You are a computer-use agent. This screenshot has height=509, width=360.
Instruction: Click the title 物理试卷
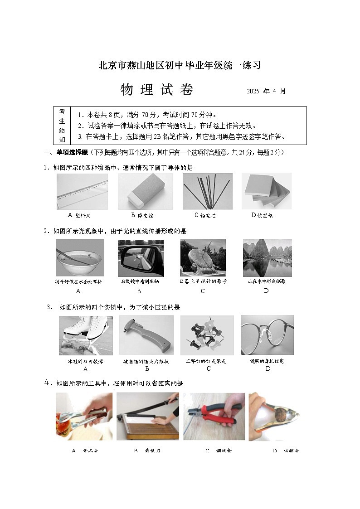pyautogui.click(x=157, y=90)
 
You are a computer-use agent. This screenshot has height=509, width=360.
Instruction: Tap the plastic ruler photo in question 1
pyautogui.click(x=82, y=191)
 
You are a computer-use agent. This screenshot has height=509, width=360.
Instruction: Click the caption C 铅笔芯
pyautogui.click(x=204, y=215)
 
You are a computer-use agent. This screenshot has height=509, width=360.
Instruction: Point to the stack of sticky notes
pyautogui.click(x=266, y=191)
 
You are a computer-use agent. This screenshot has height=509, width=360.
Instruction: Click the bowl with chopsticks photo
pyautogui.click(x=80, y=257)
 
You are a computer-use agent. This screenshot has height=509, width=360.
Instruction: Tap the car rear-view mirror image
pyautogui.click(x=141, y=258)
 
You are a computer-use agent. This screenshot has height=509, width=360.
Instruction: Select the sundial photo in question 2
pyautogui.click(x=203, y=257)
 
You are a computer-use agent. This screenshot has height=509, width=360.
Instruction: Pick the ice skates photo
pyautogui.click(x=86, y=335)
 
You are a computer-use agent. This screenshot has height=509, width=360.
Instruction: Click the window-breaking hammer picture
pyautogui.click(x=146, y=335)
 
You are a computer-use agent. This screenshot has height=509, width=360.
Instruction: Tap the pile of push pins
pyautogui.click(x=207, y=335)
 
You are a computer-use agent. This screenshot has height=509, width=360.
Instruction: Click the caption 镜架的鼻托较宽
pyautogui.click(x=267, y=361)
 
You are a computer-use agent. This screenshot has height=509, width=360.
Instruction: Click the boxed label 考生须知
pyautogui.click(x=62, y=126)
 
